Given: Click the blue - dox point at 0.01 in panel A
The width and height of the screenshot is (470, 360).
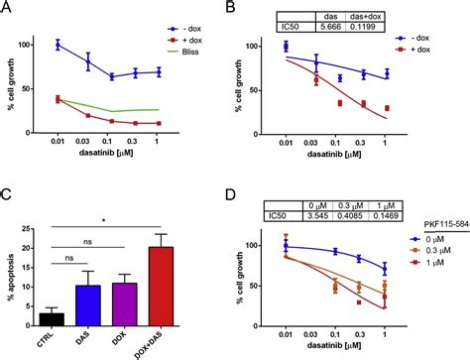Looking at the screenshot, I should click(59, 45).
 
